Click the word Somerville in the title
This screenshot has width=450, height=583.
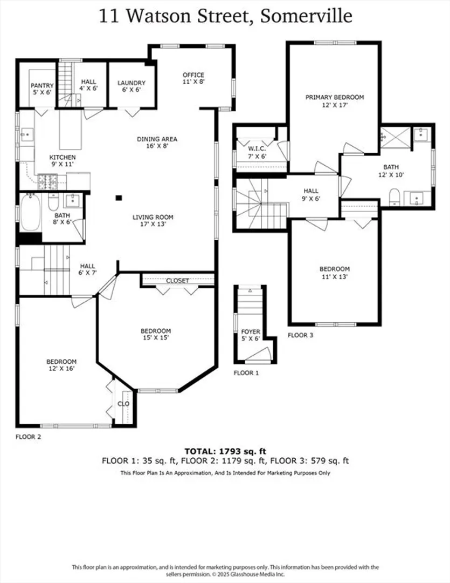[x=306, y=16]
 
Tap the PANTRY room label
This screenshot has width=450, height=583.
[x=43, y=85]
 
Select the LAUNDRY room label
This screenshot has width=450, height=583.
[x=131, y=83]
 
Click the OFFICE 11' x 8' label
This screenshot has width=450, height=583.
[x=193, y=78]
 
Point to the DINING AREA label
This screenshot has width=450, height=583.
[x=157, y=139]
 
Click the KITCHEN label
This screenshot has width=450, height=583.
[x=63, y=157]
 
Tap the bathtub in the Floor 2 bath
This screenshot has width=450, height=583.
[x=30, y=212]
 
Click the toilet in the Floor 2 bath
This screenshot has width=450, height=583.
[x=54, y=202]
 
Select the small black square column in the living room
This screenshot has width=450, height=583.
[x=119, y=198]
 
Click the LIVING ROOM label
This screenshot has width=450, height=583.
[x=153, y=217]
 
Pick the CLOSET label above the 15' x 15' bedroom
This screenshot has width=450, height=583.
[x=177, y=280]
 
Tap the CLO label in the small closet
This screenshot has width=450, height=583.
[x=123, y=403]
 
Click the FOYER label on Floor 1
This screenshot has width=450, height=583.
[x=251, y=331]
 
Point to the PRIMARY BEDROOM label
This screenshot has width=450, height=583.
[x=335, y=97]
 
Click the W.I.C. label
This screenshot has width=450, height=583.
[x=257, y=149]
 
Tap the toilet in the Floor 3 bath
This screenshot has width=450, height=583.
[x=394, y=196]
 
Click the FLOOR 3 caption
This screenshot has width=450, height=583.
[x=300, y=335]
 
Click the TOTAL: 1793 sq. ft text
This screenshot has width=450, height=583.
[x=225, y=451]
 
